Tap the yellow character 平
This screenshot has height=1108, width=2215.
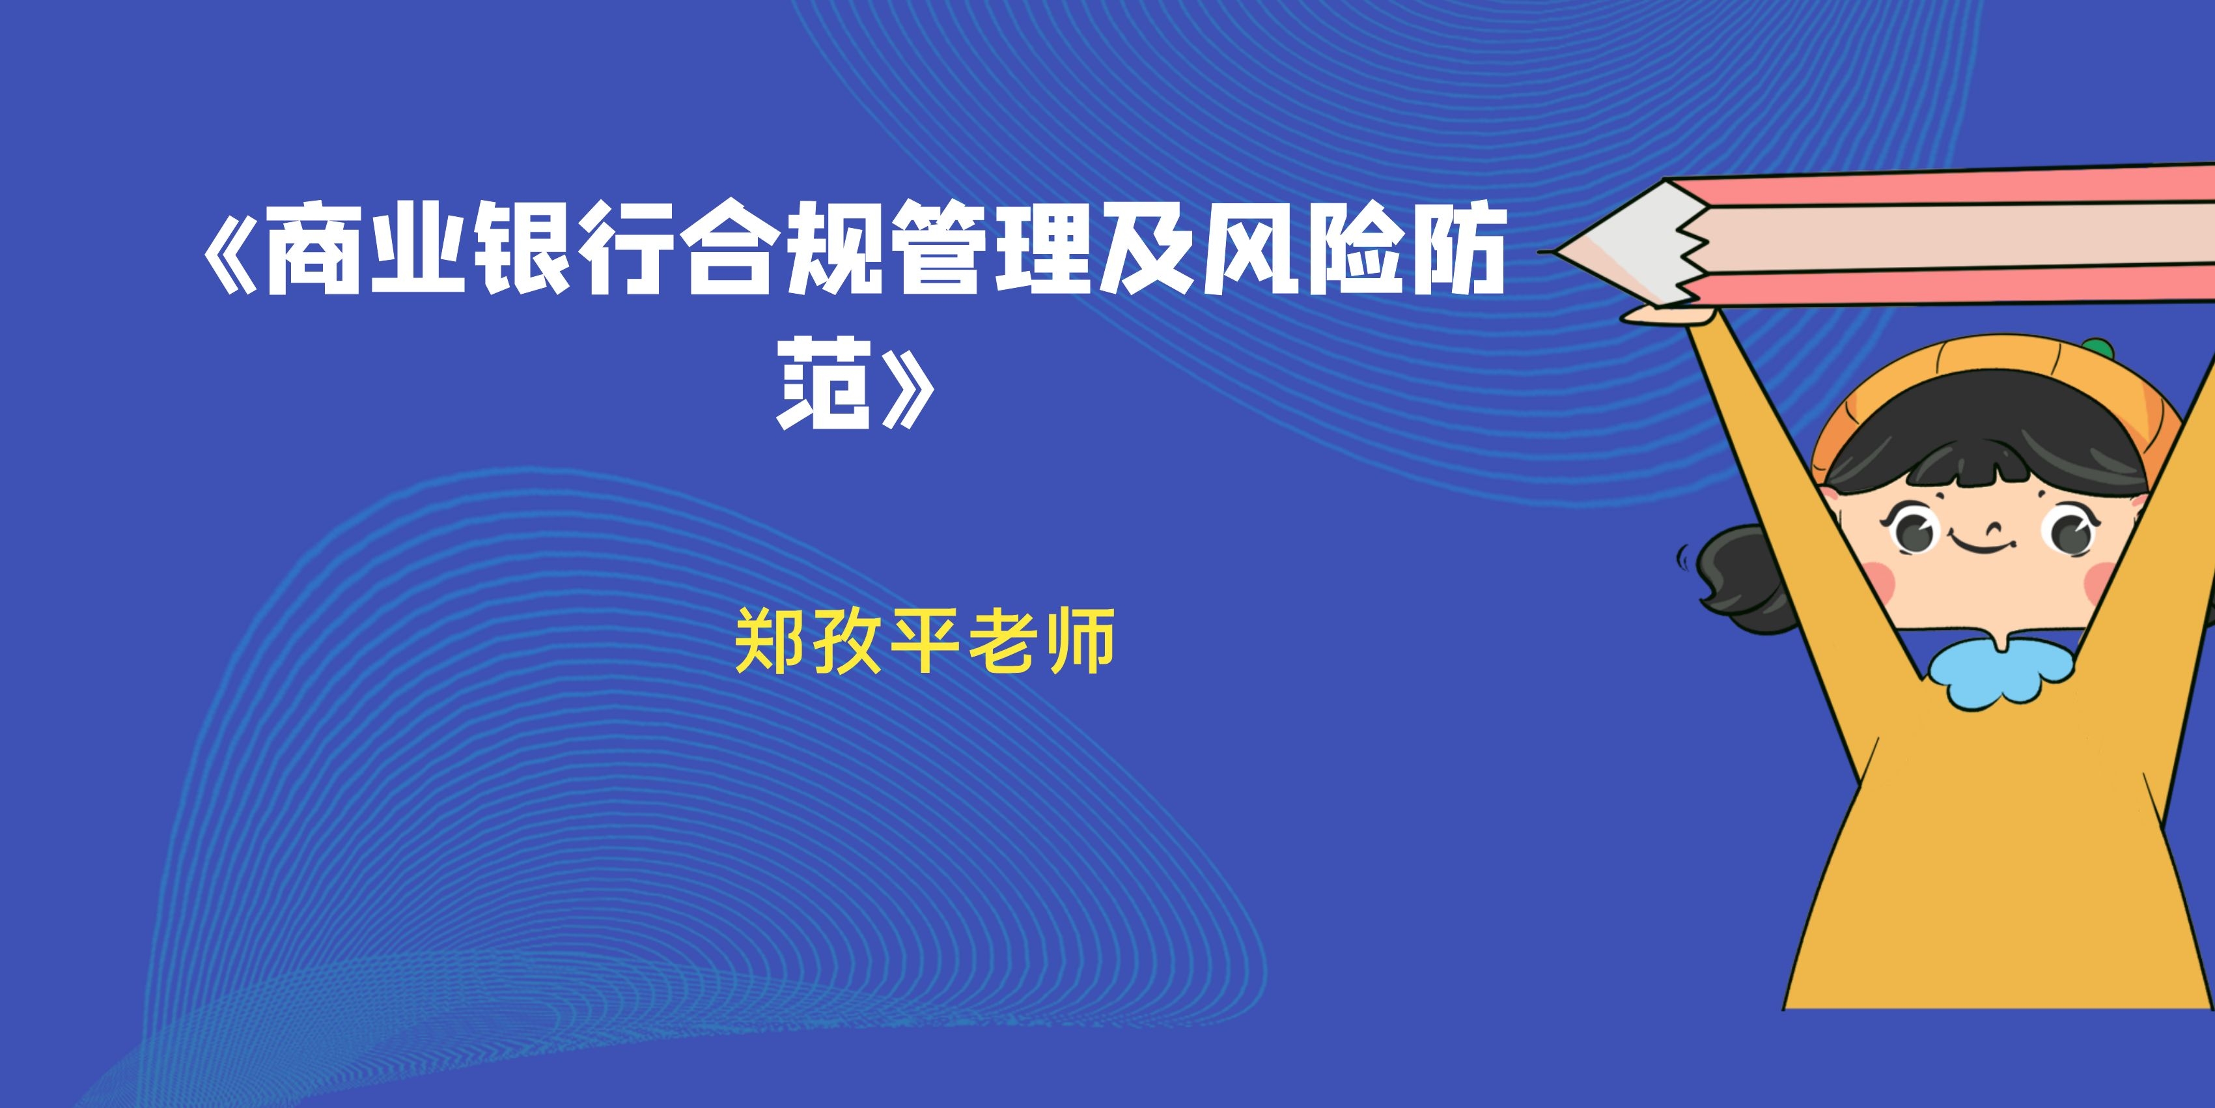pos(925,641)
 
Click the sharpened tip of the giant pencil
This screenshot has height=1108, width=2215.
pos(1541,252)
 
